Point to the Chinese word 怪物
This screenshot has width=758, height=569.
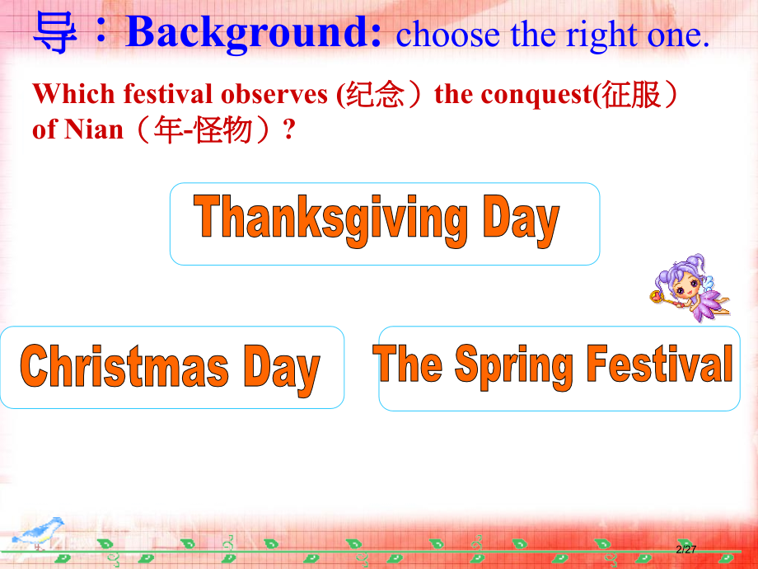pos(223,130)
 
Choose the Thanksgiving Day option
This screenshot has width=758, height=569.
pos(384,223)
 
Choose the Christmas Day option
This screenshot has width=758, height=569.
pos(171,368)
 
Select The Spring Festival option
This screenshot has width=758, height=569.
pos(559,368)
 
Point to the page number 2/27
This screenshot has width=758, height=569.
pos(685,550)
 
